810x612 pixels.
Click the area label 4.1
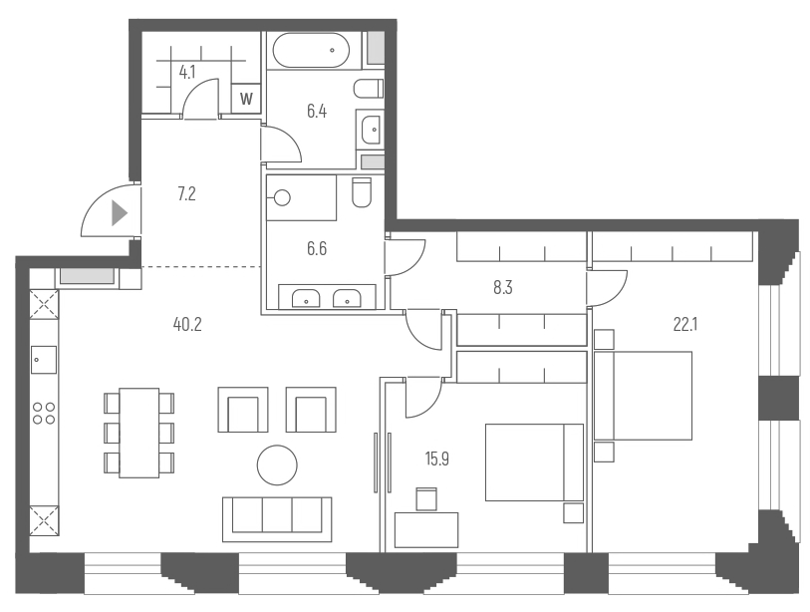point(186,72)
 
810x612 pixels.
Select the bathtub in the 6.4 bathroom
point(311,49)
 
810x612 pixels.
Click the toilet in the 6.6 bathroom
point(362,191)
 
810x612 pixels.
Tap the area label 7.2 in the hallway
point(185,194)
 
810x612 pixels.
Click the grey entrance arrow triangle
point(120,212)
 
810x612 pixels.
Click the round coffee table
point(277,463)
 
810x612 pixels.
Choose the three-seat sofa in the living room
point(277,515)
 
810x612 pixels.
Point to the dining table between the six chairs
point(138,433)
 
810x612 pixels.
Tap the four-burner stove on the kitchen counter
point(44,413)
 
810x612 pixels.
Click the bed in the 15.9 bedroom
point(533,462)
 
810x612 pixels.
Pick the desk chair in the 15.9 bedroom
point(425,497)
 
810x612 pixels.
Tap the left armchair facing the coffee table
point(243,410)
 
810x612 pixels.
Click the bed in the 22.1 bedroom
point(648,395)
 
